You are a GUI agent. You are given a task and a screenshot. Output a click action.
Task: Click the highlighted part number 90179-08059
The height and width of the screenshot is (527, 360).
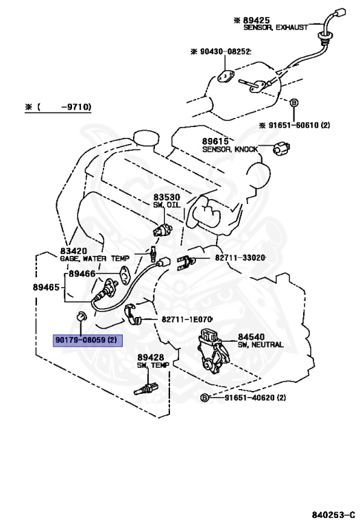coord(87,340)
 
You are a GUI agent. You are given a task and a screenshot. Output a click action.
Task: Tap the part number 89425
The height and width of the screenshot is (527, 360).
coord(256,21)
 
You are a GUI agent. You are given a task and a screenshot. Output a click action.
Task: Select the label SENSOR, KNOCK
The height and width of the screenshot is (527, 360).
coord(230,149)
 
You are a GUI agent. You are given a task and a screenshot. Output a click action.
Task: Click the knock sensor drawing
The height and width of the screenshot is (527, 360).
coord(281,148)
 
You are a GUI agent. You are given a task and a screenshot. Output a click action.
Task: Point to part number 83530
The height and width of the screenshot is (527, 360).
coord(167,198)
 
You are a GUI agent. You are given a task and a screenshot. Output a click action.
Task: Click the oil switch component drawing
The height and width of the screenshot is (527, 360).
coord(163,231)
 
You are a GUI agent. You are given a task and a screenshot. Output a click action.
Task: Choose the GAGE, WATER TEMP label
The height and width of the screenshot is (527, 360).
coord(95,259)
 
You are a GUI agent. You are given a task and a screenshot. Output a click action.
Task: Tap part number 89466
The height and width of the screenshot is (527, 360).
coord(82,274)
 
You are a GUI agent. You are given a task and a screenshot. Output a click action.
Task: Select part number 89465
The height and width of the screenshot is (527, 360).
coord(46,287)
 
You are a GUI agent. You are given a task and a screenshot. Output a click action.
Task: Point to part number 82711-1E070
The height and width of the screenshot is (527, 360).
coord(187,319)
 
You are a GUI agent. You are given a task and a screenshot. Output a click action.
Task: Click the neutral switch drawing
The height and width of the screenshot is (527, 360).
coord(213,349)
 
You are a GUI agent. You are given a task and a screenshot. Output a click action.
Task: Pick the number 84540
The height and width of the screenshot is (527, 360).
coord(252,337)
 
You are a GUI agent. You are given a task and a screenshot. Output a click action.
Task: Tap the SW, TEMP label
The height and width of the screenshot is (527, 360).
coord(153,365)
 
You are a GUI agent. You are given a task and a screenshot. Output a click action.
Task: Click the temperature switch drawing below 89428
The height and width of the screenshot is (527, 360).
coord(147,388)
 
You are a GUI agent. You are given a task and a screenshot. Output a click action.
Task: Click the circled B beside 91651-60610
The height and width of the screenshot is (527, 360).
coord(294,103)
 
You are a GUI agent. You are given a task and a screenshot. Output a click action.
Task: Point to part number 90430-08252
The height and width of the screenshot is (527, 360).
coord(225,51)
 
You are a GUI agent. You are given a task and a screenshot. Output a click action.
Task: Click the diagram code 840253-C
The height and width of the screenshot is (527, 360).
coord(333,515)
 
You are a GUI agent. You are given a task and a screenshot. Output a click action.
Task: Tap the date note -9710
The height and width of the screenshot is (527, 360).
coord(76,107)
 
